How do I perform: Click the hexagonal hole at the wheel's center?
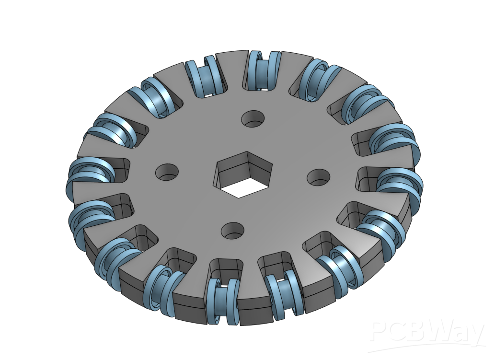tap(243, 174)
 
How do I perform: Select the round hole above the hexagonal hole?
tap(253, 119)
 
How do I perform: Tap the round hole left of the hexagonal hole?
tap(167, 173)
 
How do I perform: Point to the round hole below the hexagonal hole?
tap(233, 231)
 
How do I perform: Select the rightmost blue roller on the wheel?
tap(400, 184)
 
